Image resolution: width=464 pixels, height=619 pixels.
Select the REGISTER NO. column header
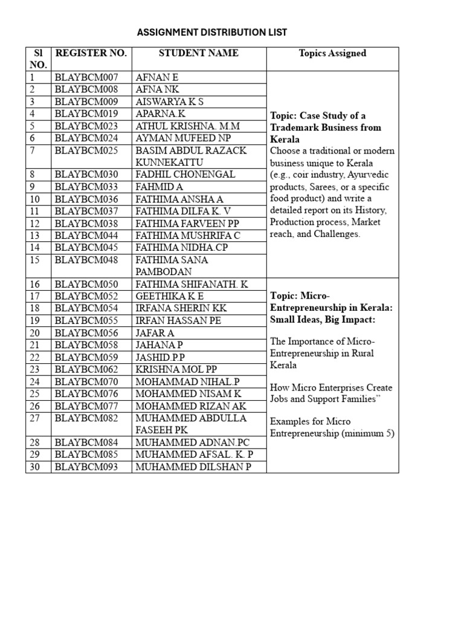coord(91,53)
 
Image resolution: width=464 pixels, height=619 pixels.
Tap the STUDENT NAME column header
coord(199,53)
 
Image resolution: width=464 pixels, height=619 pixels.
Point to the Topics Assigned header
coord(332,53)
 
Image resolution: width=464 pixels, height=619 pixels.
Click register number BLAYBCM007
coord(86,77)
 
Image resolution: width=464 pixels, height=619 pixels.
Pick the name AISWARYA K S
coord(170,102)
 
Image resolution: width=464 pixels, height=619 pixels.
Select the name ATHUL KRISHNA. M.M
coord(188,126)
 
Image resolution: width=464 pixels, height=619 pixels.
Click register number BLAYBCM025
coord(86,150)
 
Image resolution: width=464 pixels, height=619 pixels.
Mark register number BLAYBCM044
coord(86,235)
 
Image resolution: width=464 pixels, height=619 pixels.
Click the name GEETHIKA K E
coord(170,296)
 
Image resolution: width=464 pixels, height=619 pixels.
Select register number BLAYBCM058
coord(86,345)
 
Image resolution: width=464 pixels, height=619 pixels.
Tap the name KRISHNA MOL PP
coord(176,369)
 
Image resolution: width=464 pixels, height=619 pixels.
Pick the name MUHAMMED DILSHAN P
coord(193,467)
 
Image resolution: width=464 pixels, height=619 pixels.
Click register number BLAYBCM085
coord(86,455)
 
